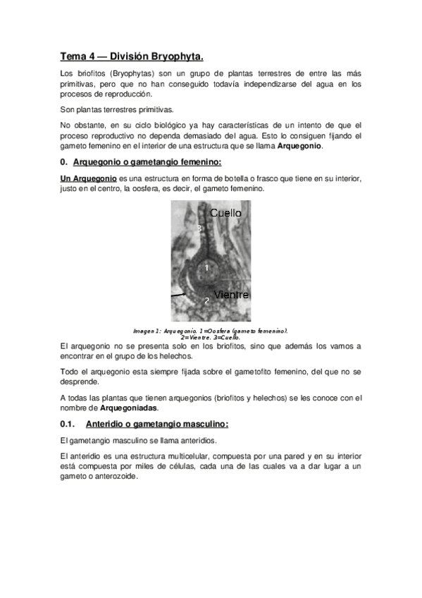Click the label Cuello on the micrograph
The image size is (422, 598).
pos(225,212)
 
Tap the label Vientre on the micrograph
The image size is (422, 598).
pos(232,293)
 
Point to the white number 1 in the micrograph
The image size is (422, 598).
pos(206,268)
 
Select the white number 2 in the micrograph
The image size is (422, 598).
pos(206,301)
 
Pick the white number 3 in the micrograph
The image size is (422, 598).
pos(199,228)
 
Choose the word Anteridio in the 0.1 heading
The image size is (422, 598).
pos(106,424)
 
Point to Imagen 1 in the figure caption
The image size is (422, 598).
pos(147,330)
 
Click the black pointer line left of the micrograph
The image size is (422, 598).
pos(178,292)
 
